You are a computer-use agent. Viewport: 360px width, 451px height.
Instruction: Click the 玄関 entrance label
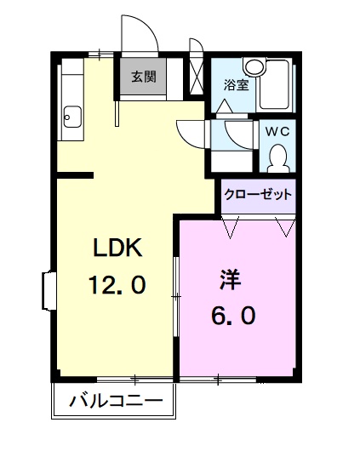coord(143,77)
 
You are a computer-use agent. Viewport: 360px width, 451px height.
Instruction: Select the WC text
coord(277,131)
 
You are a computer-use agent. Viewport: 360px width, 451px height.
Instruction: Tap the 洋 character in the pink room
coord(229,279)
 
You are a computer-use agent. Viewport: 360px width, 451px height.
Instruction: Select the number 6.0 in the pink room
coord(232,316)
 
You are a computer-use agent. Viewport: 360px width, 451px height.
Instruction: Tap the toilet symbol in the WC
coord(277,157)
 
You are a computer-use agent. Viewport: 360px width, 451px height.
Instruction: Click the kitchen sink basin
coord(71,115)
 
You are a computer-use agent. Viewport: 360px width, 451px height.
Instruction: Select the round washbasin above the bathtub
coord(254,66)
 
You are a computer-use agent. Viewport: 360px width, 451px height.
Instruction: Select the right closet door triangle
coord(285,225)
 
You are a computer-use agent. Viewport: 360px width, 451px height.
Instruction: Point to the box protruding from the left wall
coord(47,290)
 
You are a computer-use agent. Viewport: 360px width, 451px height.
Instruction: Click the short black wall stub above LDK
coord(75,176)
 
